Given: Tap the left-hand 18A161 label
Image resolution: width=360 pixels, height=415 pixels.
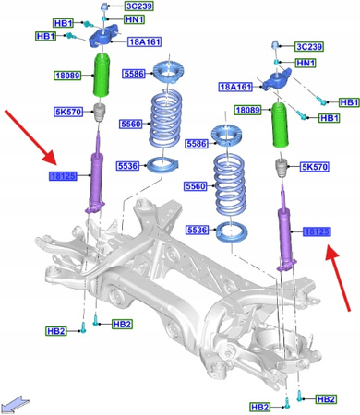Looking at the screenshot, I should tap(145, 41).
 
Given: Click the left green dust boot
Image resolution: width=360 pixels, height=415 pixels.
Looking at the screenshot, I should tap(102, 83).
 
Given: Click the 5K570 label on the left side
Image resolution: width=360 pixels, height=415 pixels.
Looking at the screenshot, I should tap(68, 114).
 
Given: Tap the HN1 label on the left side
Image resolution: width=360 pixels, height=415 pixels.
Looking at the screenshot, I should tap(135, 19).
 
